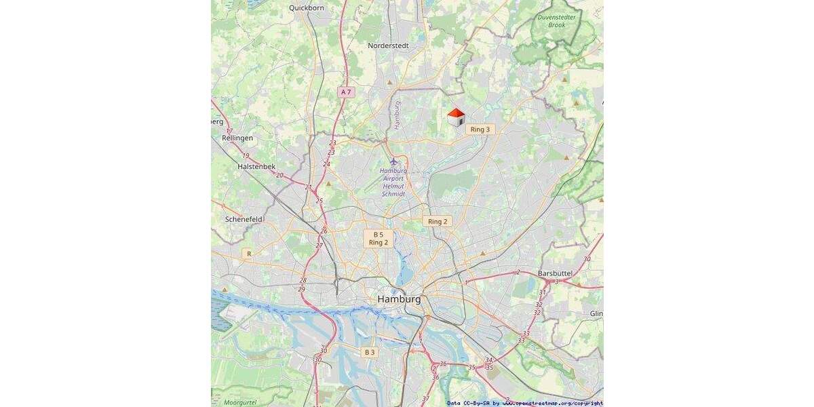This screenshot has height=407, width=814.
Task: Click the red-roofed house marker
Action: point(456,117)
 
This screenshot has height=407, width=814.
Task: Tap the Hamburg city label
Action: point(399,299)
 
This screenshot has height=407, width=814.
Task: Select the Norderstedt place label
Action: point(388,45)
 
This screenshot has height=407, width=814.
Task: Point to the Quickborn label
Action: point(307,8)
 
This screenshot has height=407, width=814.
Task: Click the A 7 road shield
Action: point(346,92)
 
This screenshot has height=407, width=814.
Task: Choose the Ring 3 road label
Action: point(479,129)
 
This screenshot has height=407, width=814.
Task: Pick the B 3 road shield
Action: point(369,352)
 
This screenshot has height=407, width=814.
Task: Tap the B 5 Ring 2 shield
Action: point(379,238)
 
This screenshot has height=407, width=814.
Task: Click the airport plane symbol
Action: point(393,161)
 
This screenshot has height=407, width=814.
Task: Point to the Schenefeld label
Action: point(244,219)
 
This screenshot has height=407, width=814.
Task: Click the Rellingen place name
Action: point(237,138)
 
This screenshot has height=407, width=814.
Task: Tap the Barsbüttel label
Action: point(555,273)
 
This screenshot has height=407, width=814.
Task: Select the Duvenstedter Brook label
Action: point(556,20)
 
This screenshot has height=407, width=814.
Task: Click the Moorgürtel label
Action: point(240,402)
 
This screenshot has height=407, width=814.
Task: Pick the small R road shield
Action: point(249,254)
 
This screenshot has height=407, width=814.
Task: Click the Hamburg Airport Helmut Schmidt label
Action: point(393,182)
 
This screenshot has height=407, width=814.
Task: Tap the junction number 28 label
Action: point(303,280)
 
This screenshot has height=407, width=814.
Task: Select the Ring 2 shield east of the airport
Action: point(436,221)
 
